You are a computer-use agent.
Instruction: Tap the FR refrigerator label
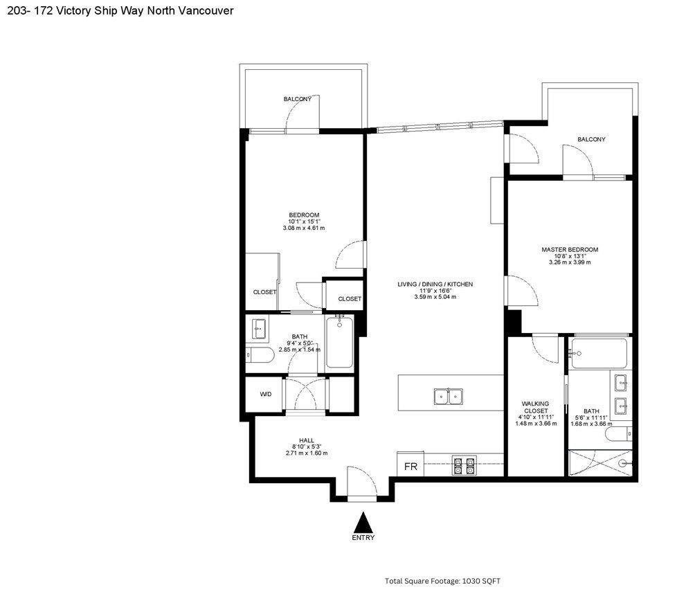tap(410, 467)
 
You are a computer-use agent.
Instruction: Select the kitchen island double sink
tap(449, 396)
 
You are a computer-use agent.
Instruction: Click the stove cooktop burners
tap(464, 465)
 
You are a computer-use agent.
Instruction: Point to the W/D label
tap(266, 394)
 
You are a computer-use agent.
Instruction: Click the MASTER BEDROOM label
tap(570, 249)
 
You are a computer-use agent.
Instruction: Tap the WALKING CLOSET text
tap(535, 407)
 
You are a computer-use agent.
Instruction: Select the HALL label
tap(306, 440)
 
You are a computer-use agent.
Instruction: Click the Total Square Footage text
tap(442, 581)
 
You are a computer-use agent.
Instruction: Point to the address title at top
tap(120, 10)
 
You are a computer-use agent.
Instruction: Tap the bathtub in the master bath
tap(599, 353)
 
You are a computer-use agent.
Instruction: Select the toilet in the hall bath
tap(260, 355)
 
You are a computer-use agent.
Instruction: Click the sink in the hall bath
tap(260, 329)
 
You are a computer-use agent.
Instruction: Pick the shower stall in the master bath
tap(600, 464)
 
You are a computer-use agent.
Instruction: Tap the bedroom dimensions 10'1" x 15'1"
tap(304, 222)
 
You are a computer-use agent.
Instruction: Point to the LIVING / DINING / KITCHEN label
tap(435, 284)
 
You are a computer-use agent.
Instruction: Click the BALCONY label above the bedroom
tap(298, 99)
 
